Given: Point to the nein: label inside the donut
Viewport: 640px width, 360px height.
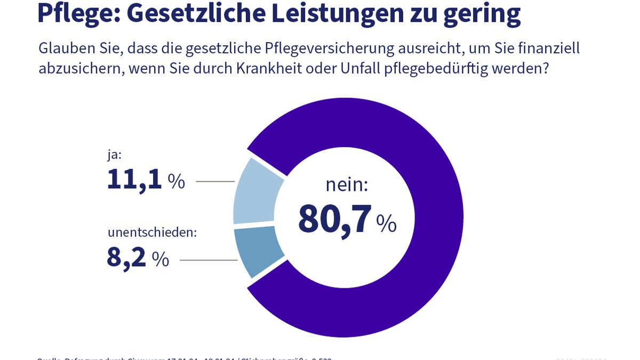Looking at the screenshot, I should tap(347, 185).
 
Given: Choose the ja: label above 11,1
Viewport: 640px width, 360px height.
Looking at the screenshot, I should tap(115, 155).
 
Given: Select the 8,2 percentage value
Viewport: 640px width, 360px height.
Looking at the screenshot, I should tap(126, 258).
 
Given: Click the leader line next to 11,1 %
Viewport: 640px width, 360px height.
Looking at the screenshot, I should tap(215, 182).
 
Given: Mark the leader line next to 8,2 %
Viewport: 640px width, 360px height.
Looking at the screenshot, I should tap(209, 260).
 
